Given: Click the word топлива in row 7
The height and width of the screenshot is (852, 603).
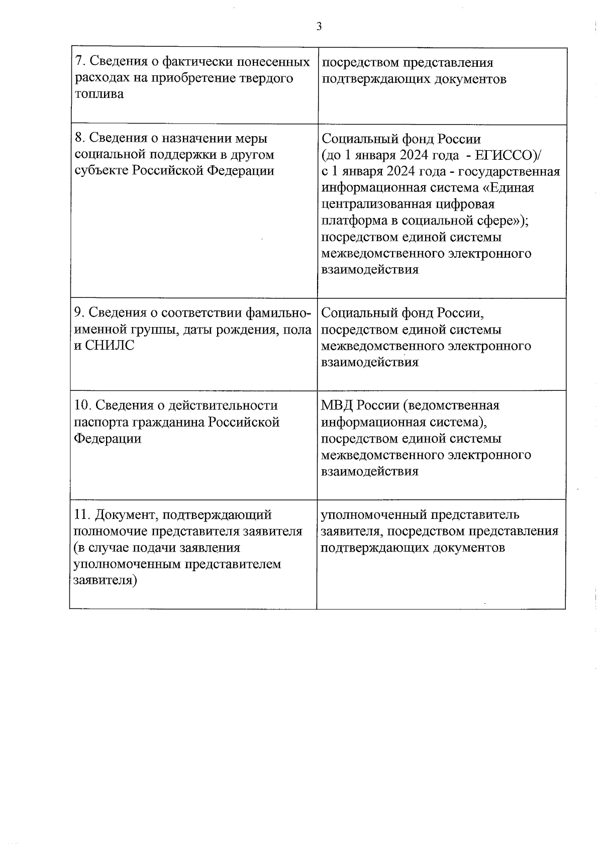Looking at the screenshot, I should click(99, 94).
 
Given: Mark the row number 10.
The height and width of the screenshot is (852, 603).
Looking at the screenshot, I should click(82, 405).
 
